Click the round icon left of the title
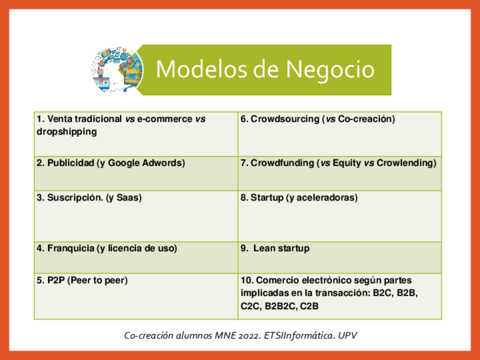(x=118, y=70)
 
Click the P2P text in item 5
(x=55, y=280)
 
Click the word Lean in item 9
(x=264, y=248)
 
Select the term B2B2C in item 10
(x=278, y=306)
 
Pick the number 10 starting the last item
(x=246, y=280)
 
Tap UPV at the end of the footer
(x=348, y=335)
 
